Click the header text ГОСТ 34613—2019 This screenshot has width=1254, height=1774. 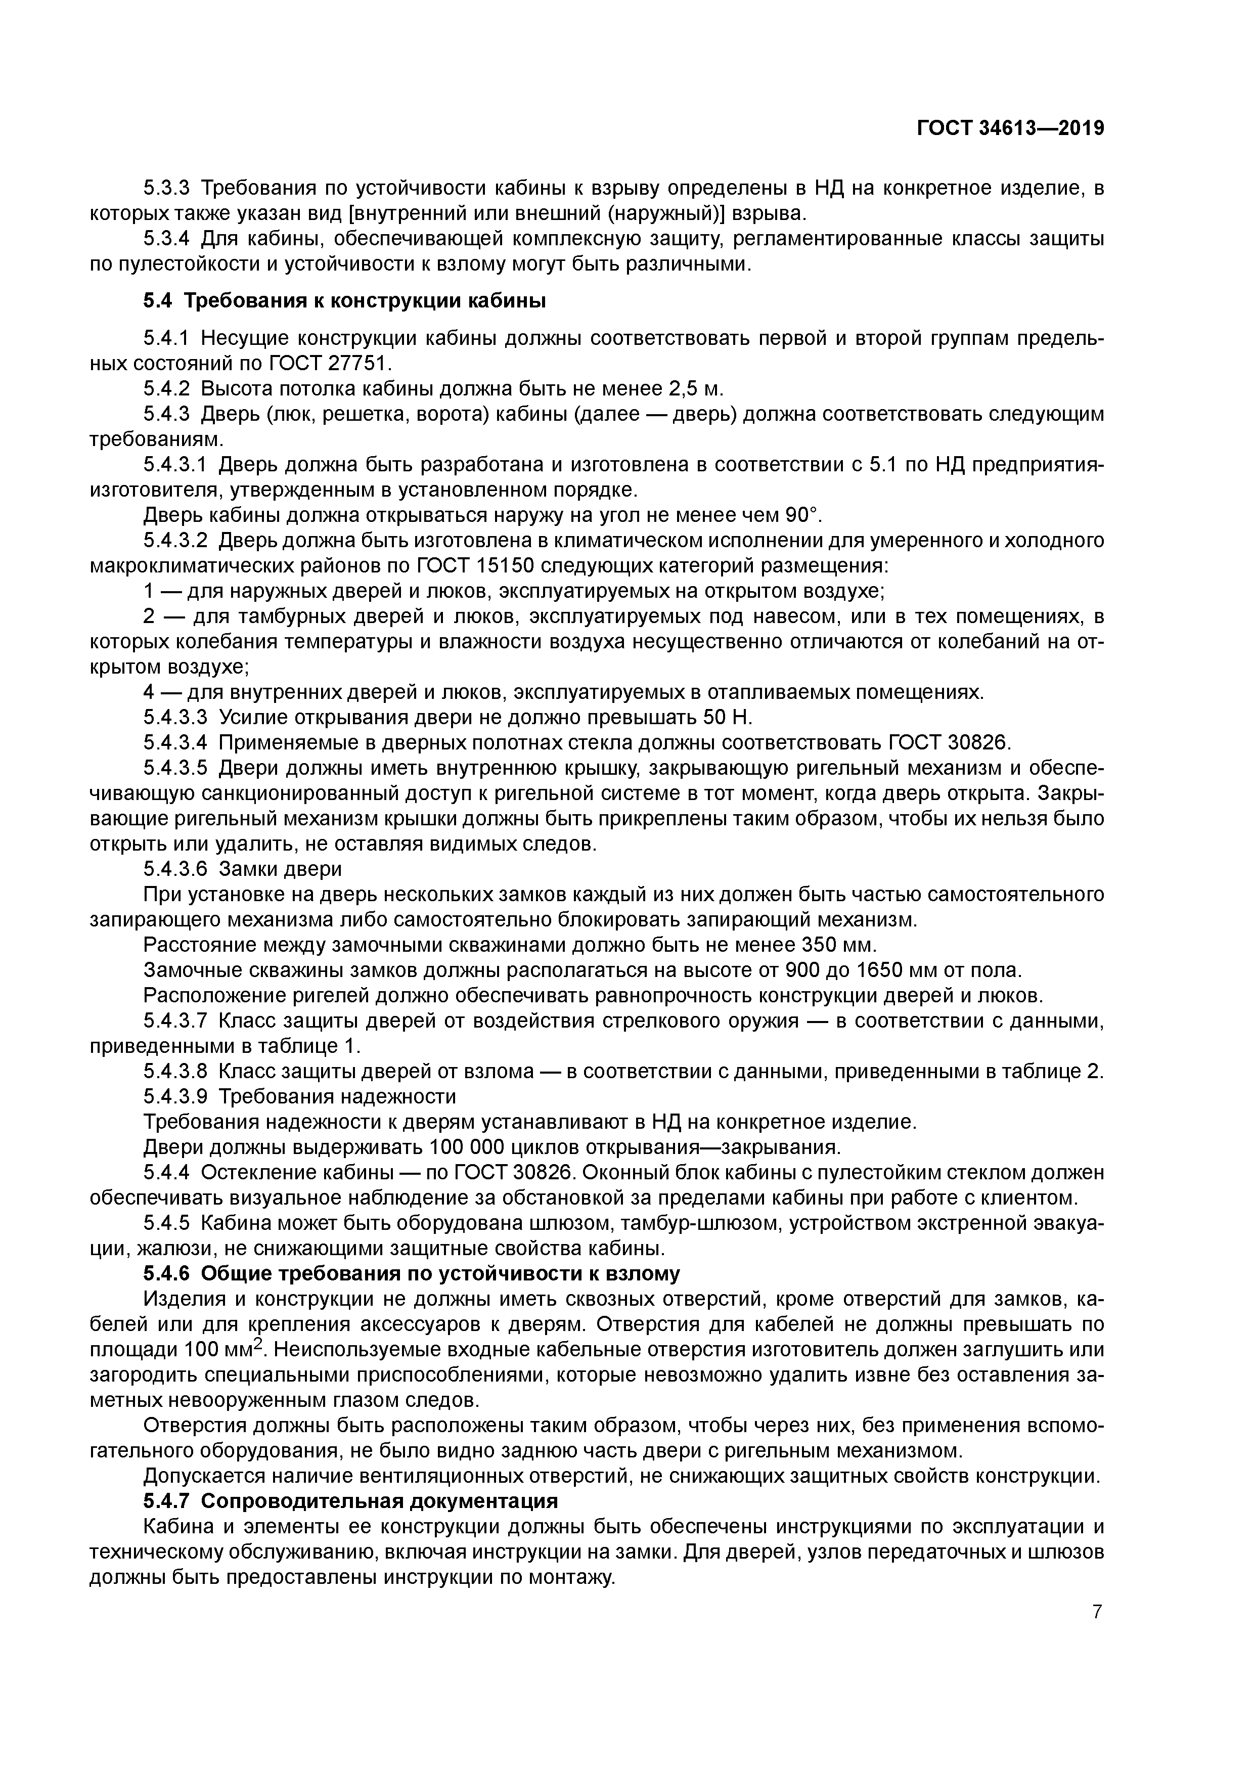pos(1010,128)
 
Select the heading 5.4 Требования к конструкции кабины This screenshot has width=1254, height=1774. pos(345,301)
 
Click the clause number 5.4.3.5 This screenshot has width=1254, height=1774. pos(176,769)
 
